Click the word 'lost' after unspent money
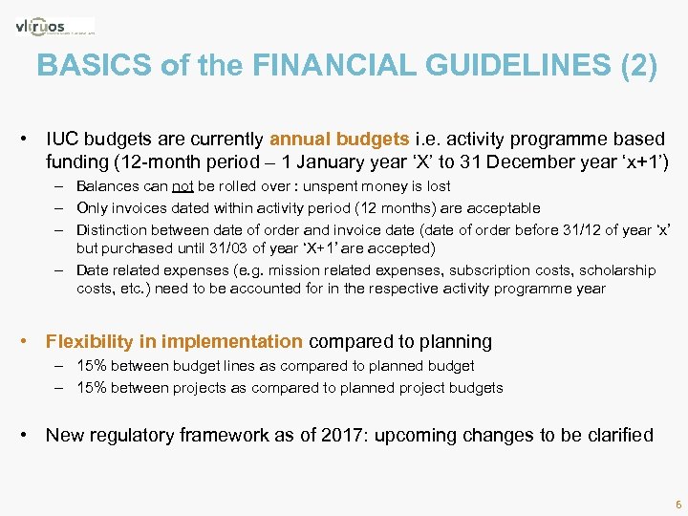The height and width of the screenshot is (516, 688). pyautogui.click(x=438, y=186)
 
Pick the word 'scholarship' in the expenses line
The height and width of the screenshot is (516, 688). pyautogui.click(x=617, y=269)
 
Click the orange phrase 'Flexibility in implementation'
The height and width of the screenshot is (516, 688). pyautogui.click(x=174, y=341)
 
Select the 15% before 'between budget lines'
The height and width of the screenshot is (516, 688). pyautogui.click(x=92, y=366)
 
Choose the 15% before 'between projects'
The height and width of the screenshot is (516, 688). pyautogui.click(x=92, y=387)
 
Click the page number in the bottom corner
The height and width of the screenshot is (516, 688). pyautogui.click(x=677, y=503)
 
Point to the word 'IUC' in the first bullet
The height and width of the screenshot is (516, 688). pyautogui.click(x=62, y=140)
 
